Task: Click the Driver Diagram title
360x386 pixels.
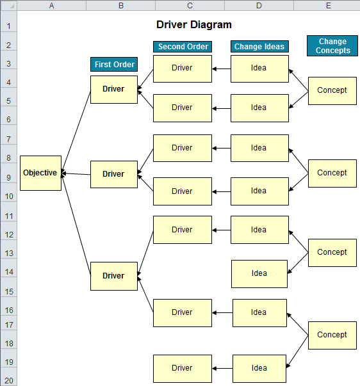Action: click(193, 24)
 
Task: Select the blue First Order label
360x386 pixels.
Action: click(114, 64)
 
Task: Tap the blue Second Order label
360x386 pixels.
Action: click(183, 47)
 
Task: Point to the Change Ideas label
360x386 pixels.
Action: click(259, 47)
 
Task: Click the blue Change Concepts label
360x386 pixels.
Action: click(332, 46)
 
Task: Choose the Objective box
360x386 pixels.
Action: click(40, 173)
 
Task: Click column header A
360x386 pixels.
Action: click(51, 6)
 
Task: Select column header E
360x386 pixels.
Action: click(328, 6)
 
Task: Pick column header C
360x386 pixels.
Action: click(190, 6)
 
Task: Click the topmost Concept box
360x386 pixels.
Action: click(332, 90)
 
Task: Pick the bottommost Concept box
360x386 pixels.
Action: click(332, 335)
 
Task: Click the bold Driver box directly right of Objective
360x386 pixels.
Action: click(114, 174)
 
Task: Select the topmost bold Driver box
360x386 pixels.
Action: click(114, 89)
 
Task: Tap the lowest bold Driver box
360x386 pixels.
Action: click(114, 276)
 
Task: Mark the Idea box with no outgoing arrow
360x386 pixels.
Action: click(259, 273)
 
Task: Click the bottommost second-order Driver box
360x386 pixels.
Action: click(182, 368)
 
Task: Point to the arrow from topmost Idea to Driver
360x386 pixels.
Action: click(221, 68)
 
